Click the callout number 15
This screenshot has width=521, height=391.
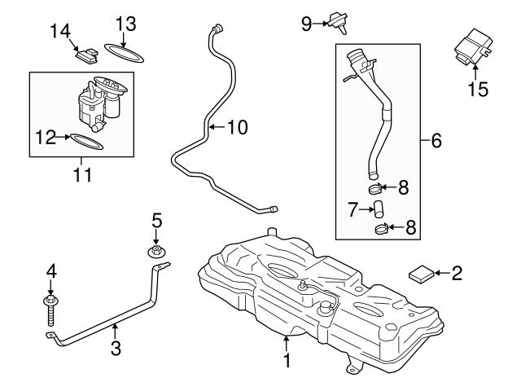click(478, 89)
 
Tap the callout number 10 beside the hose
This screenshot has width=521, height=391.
click(238, 127)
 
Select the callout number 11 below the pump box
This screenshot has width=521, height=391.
click(82, 174)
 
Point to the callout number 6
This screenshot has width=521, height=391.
click(436, 140)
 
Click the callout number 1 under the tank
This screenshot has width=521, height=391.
click(287, 360)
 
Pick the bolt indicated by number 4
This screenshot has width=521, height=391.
click(50, 310)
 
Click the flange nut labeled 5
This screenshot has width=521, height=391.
click(156, 252)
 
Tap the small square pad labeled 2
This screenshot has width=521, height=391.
click(422, 274)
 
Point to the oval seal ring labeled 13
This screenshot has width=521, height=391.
click(124, 53)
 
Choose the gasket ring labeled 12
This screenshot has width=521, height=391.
click(87, 142)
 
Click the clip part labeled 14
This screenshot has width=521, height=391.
click(87, 55)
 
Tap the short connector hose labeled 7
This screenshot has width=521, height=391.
click(379, 209)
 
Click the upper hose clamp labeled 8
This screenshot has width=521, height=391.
click(375, 189)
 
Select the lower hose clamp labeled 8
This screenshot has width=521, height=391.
click(382, 229)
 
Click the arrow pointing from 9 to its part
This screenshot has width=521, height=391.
click(320, 24)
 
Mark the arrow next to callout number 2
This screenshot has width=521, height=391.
click(441, 273)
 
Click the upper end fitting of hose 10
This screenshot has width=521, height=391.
click(217, 29)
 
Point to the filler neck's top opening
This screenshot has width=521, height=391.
click(356, 54)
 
